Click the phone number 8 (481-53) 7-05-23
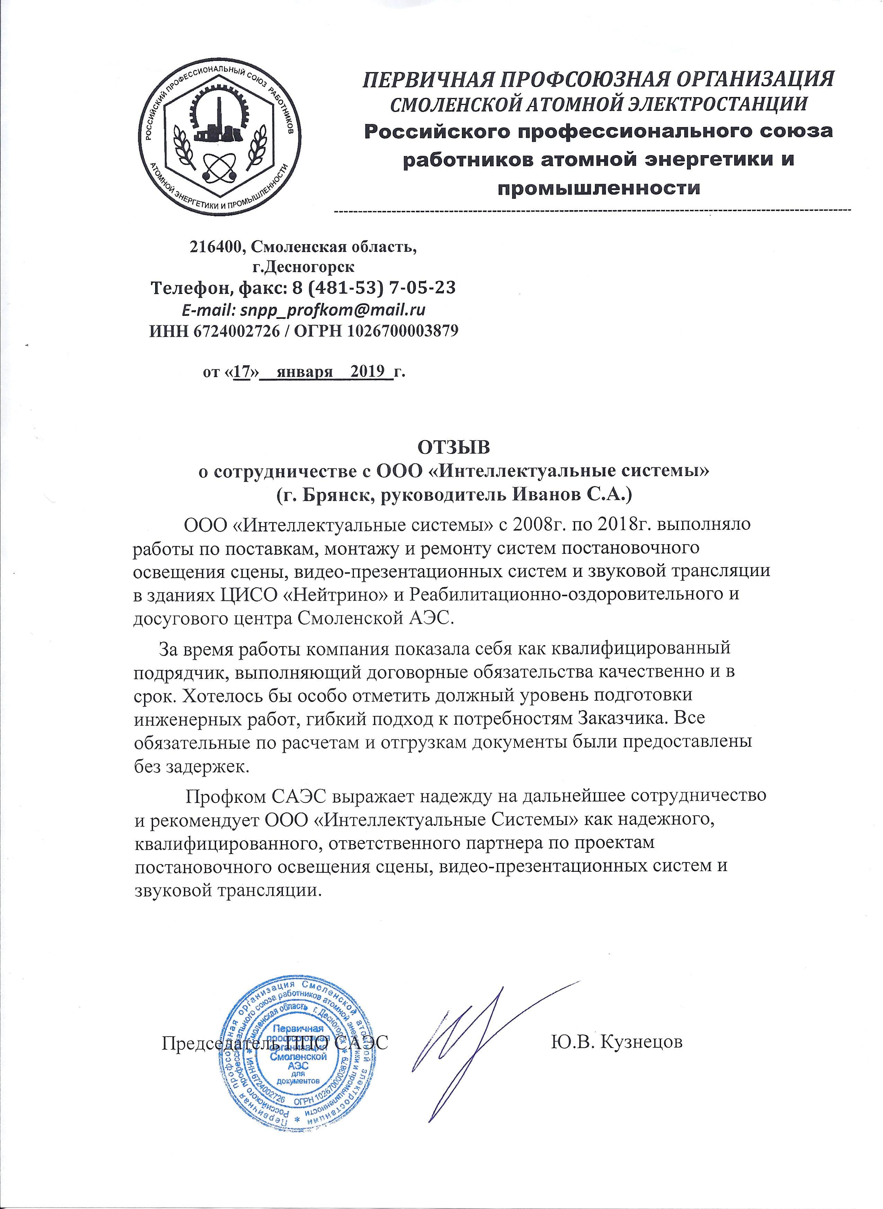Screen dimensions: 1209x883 pyautogui.click(x=374, y=288)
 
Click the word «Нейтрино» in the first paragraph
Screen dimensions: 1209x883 pyautogui.click(x=309, y=594)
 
